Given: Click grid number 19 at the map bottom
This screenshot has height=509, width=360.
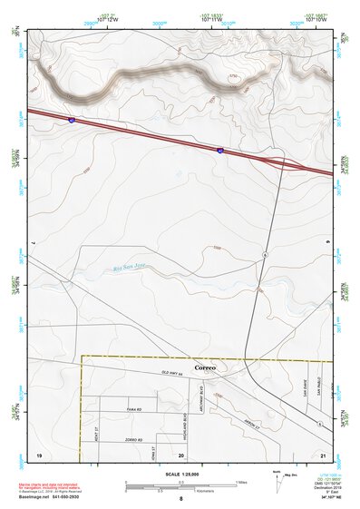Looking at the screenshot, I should [x=39, y=453].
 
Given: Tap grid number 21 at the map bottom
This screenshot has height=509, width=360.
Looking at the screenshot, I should [x=322, y=453].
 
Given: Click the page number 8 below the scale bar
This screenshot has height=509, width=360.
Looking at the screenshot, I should [x=180, y=499].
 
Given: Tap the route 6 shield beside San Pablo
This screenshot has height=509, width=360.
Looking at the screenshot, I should [x=321, y=423].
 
